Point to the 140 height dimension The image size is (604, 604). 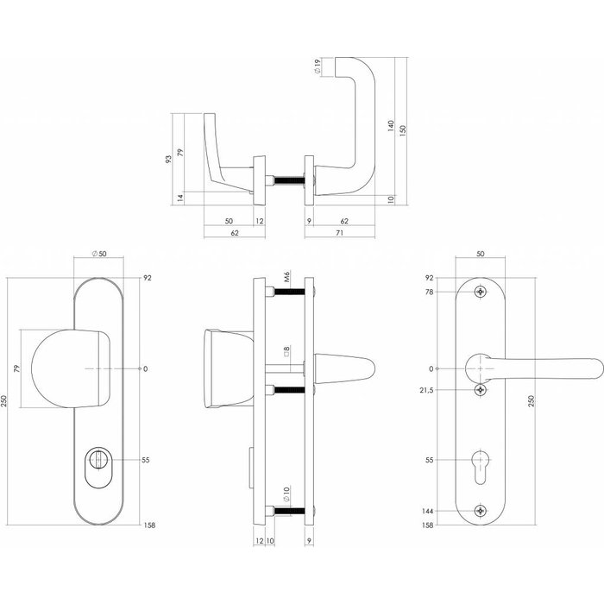coord(392,126)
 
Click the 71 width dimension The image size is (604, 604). coord(340,232)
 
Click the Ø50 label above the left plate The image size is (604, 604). coord(99,253)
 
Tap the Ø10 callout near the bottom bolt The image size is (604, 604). coord(286,496)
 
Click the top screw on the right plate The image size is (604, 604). coord(481,293)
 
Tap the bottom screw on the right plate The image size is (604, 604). coord(481,512)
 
